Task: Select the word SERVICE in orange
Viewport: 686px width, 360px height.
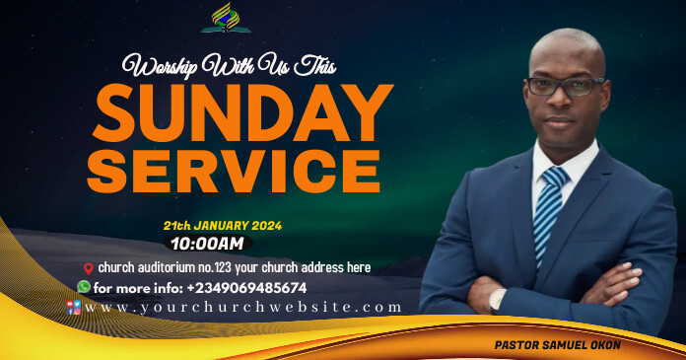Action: pos(233,170)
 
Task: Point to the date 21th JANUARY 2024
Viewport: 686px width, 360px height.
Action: pos(222,225)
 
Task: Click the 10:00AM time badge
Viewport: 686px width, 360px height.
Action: pos(208,243)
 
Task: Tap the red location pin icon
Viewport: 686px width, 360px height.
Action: pos(88,268)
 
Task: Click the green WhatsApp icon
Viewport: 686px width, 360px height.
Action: pos(84,287)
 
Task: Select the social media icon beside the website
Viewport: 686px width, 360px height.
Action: pos(73,307)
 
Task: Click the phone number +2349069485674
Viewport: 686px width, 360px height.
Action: pos(246,288)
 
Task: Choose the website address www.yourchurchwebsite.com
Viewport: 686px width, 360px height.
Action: pos(243,307)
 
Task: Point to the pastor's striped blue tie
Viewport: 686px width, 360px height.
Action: pos(547,212)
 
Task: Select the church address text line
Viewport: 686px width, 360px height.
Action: pos(233,267)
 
